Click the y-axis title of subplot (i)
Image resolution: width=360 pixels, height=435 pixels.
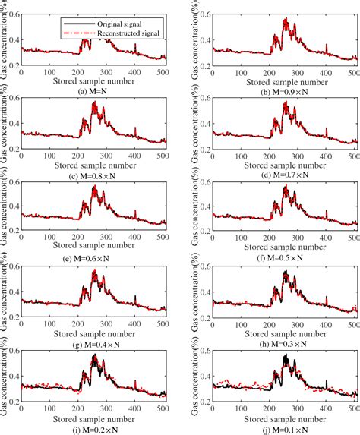click(x=5, y=372)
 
